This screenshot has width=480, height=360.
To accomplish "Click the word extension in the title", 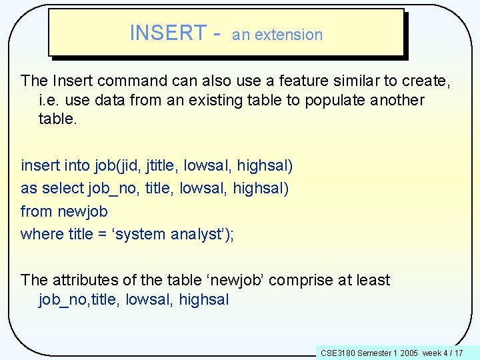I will pos(289,35).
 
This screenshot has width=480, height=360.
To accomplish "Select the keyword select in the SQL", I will pos(63,188).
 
